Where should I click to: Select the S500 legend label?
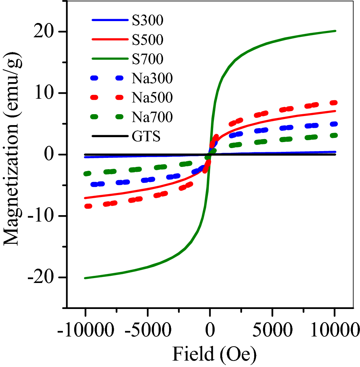pos(147,40)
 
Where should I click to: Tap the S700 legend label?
pos(147,59)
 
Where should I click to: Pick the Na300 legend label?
pos(152,78)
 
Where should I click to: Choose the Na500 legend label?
pos(152,98)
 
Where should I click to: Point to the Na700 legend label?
pos(152,117)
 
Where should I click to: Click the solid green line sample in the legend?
pos(108,59)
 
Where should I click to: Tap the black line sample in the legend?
pos(108,137)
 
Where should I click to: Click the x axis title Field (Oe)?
pos(214,354)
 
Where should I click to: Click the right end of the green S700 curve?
pos(335,31)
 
